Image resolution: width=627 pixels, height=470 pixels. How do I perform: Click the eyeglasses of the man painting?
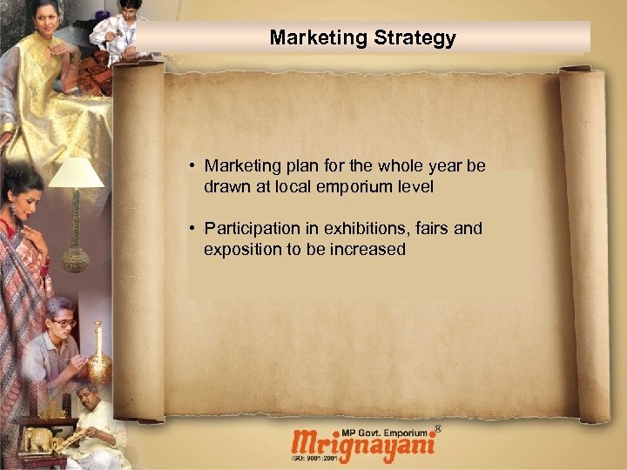point(63,322)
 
